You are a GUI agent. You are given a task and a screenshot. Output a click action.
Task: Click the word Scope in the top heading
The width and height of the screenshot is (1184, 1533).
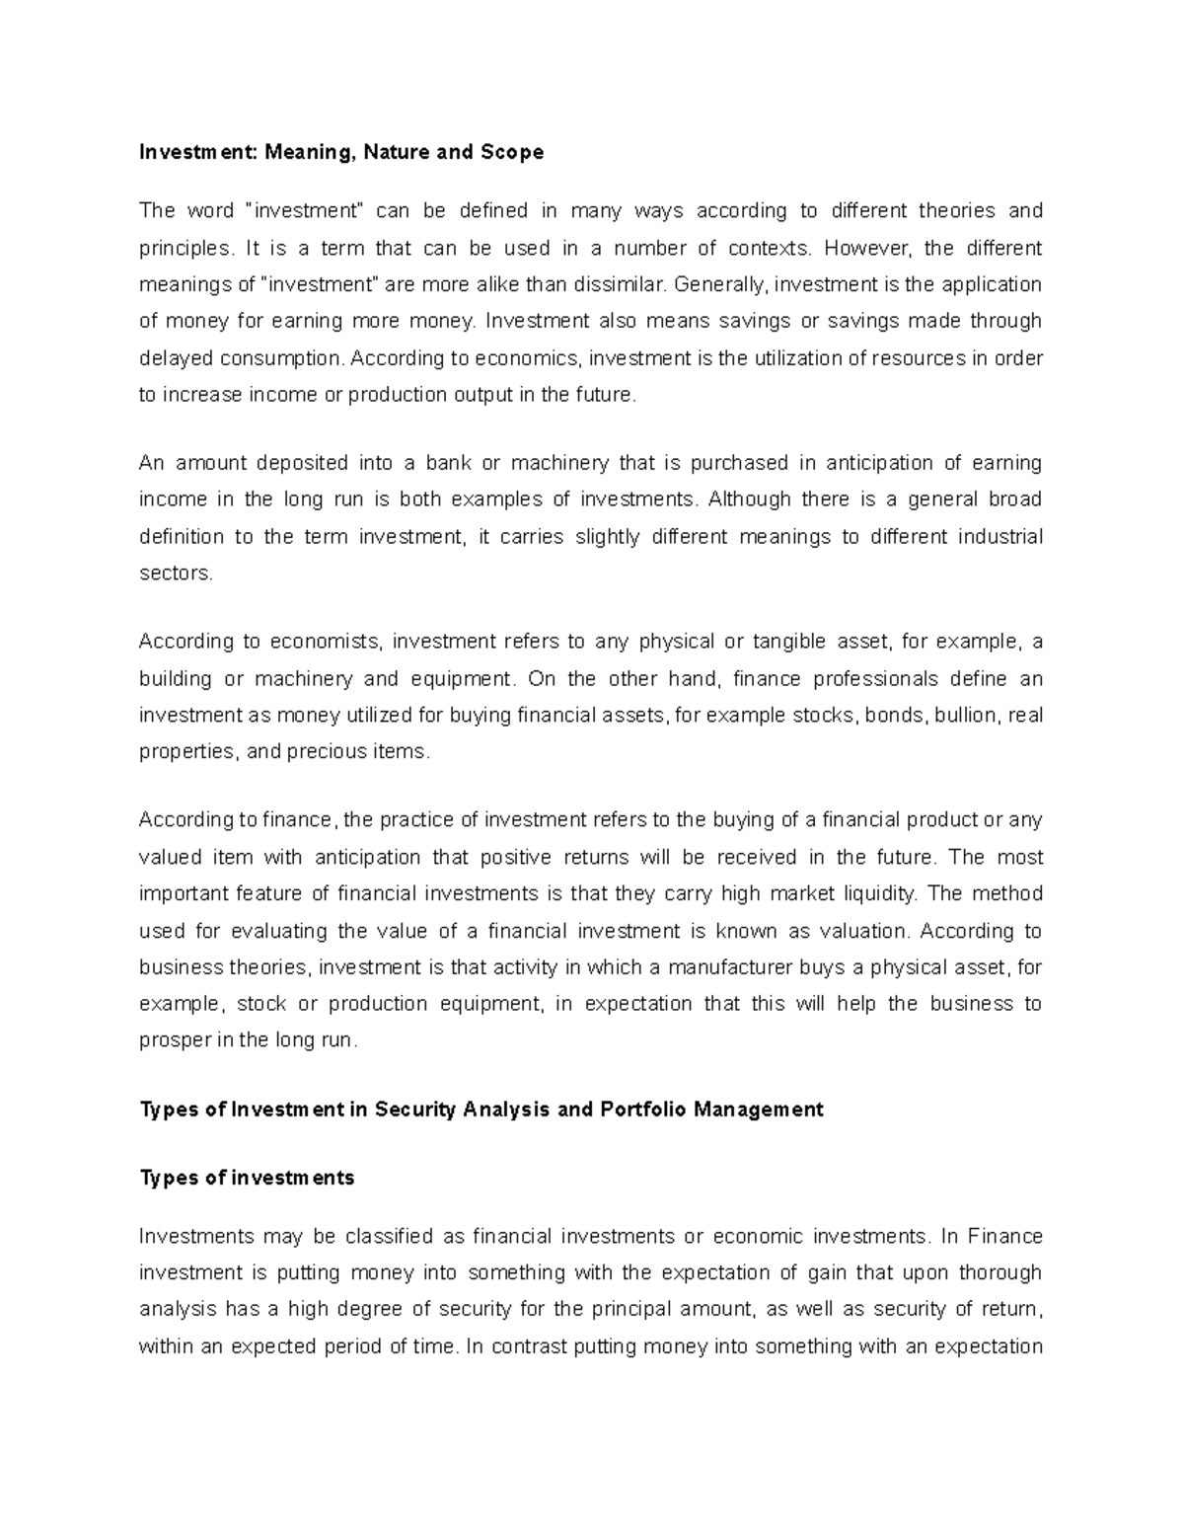511,152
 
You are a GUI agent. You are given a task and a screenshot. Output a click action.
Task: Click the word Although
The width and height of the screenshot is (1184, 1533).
750,499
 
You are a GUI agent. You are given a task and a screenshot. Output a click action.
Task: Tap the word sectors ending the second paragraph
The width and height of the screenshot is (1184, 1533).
175,574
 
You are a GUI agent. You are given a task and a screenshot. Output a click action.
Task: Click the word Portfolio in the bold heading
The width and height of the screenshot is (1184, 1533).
641,1110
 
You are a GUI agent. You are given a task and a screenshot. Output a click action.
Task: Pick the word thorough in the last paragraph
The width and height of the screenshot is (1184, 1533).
1000,1273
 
